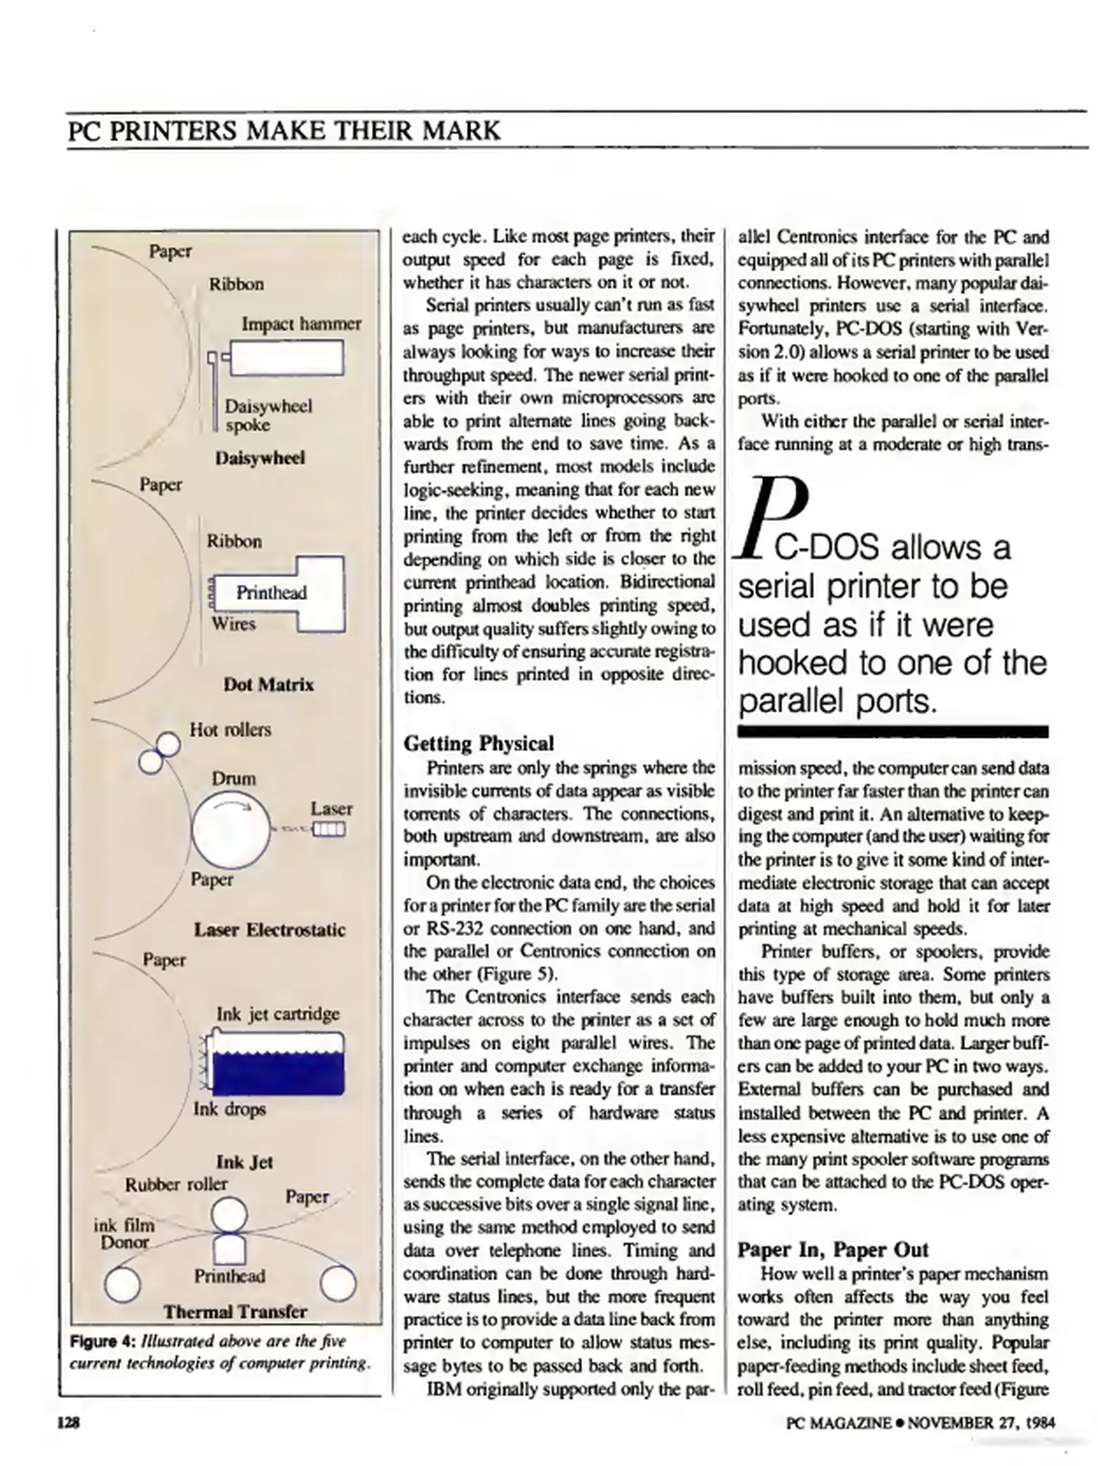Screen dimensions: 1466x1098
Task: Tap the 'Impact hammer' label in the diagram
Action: pyautogui.click(x=301, y=324)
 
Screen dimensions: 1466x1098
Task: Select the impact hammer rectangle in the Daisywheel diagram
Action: pyautogui.click(x=287, y=358)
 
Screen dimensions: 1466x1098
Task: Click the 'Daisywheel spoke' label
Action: pyautogui.click(x=268, y=415)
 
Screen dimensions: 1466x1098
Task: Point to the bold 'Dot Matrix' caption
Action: pyautogui.click(x=269, y=684)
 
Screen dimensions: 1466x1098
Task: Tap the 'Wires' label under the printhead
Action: pyautogui.click(x=233, y=623)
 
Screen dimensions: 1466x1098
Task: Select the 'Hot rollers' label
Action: pyautogui.click(x=230, y=730)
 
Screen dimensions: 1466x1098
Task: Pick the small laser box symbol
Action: pyautogui.click(x=328, y=829)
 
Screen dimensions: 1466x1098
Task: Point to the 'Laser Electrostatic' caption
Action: pyautogui.click(x=269, y=930)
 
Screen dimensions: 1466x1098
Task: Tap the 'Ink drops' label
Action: pyautogui.click(x=229, y=1109)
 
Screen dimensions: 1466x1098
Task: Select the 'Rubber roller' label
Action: pyautogui.click(x=176, y=1184)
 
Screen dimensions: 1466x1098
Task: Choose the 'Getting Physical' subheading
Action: pyautogui.click(x=478, y=743)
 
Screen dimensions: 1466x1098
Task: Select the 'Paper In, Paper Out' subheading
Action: pyautogui.click(x=833, y=1250)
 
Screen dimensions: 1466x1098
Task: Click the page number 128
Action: pyautogui.click(x=69, y=1423)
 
